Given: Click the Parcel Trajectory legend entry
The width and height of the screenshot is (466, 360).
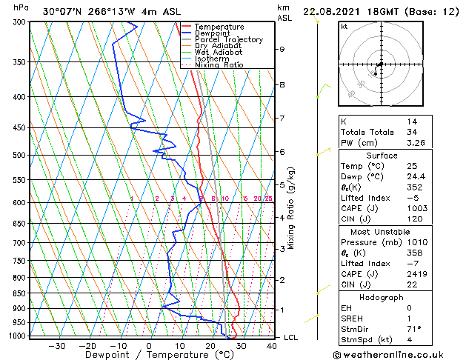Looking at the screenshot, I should click(228, 39).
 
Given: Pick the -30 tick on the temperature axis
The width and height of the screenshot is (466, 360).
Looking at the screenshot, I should click(57, 345).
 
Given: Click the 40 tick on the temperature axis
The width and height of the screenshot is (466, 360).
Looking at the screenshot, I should click(272, 345).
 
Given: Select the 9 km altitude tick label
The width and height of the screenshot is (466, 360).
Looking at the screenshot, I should click(282, 50).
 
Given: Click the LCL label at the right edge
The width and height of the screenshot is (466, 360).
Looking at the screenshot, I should click(291, 338).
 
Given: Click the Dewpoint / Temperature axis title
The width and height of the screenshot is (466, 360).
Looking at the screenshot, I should click(150, 355).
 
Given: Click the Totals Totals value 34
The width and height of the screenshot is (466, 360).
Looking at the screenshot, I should click(411, 132).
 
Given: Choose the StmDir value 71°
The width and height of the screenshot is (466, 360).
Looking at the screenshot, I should click(414, 329).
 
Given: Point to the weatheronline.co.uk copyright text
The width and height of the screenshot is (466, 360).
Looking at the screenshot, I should click(399, 354).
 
